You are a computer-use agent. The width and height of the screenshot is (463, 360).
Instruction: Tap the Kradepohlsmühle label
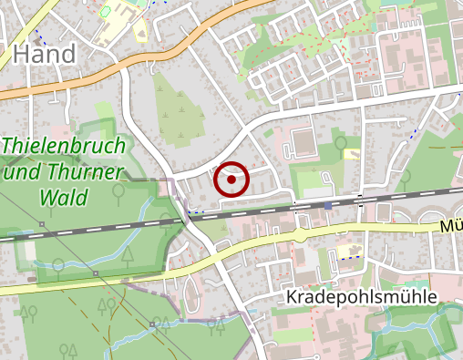click(362, 298)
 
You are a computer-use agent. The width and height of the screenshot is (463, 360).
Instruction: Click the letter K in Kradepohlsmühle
click(293, 298)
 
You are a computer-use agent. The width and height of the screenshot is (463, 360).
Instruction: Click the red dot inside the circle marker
click(231, 180)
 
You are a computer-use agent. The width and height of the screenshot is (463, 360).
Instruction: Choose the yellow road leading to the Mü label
click(383, 228)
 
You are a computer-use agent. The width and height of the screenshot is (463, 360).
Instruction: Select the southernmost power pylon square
click(152, 323)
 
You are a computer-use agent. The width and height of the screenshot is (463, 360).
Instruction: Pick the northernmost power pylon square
click(42, 224)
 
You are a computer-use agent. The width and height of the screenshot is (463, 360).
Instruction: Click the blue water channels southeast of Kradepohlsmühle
click(410, 324)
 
